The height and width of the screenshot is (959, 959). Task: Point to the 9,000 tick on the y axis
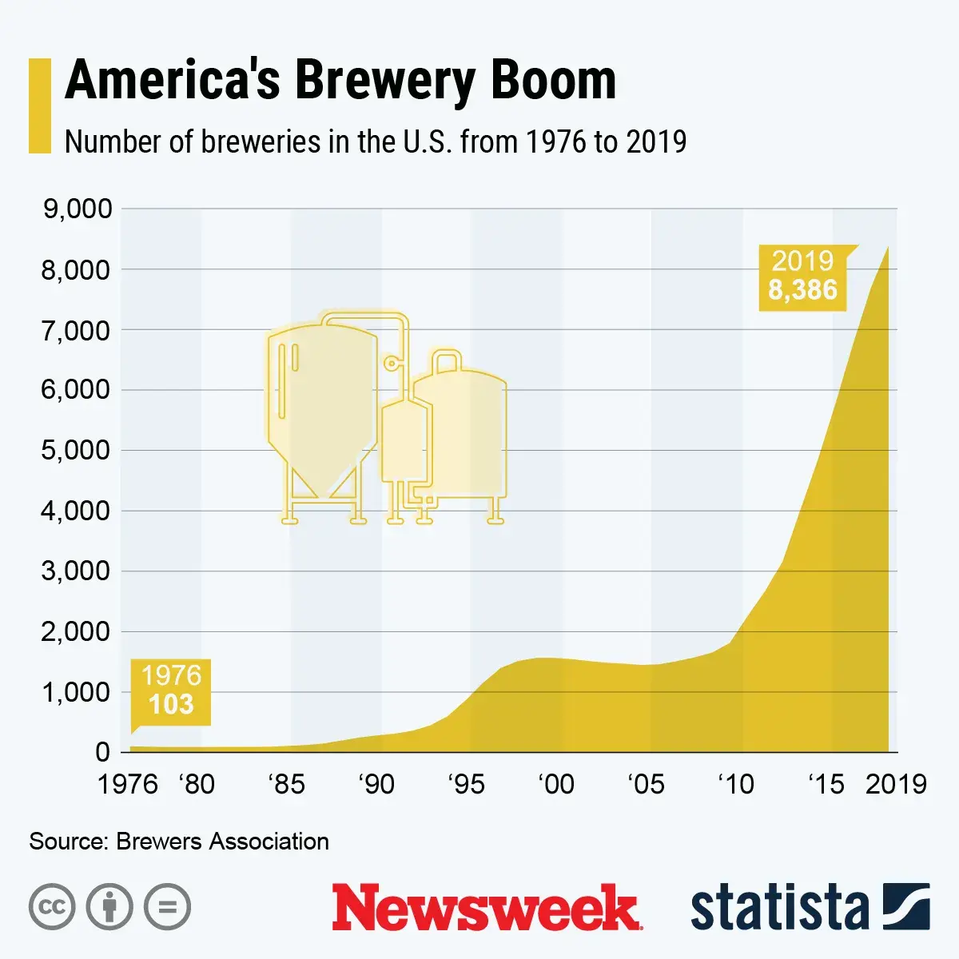(77, 209)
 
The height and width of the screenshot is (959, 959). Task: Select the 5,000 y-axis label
(77, 450)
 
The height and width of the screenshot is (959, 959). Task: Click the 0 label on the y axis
(102, 752)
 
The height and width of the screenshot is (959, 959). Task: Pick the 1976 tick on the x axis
(128, 784)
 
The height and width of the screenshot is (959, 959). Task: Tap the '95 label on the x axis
(466, 784)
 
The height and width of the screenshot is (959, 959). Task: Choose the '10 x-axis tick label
(735, 784)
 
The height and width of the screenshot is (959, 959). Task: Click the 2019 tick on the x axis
(896, 784)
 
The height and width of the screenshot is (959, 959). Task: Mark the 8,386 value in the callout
(802, 290)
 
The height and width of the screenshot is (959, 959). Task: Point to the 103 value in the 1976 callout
(171, 705)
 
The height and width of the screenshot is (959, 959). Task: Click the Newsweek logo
(487, 907)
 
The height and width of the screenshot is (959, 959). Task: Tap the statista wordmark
(779, 908)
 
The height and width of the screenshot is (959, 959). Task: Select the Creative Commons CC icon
(52, 907)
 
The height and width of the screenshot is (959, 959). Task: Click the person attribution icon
(109, 907)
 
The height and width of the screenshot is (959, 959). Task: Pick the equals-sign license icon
(167, 907)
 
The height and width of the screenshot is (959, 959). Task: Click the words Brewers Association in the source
(222, 842)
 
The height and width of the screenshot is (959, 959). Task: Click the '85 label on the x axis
(286, 784)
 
